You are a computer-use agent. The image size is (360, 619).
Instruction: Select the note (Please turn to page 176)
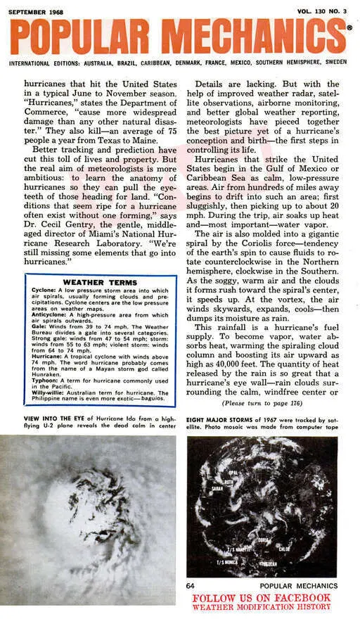click(263, 404)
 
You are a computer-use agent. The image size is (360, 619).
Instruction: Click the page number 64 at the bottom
click(191, 585)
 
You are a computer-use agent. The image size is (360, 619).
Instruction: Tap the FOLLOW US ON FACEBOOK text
click(261, 597)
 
